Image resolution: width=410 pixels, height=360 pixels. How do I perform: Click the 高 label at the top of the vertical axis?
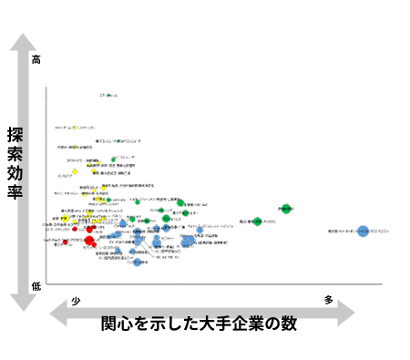[x=36, y=60]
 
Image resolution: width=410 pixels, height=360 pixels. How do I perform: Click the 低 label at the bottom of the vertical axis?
[x=36, y=286]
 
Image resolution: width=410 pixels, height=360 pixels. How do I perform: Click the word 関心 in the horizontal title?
[x=117, y=324]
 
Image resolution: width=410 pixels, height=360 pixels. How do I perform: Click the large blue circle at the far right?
[x=364, y=231]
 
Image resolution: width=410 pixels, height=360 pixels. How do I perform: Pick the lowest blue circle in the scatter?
[x=138, y=262]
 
